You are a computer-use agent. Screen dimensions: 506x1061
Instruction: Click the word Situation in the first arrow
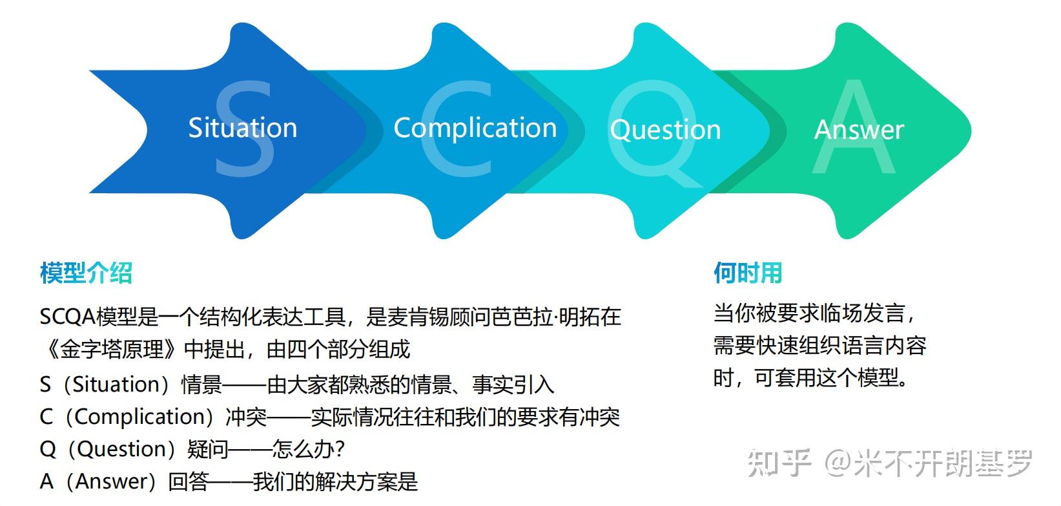pos(242,128)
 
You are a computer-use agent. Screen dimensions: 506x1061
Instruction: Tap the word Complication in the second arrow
pos(475,128)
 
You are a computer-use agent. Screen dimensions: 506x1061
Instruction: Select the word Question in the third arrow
pos(665,130)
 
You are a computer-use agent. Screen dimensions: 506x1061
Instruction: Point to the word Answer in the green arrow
pos(859,130)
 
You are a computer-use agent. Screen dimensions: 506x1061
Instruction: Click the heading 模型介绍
pos(86,273)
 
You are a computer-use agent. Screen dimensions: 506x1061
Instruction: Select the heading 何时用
pos(747,273)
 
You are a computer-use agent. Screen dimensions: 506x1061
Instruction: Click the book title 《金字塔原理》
pos(111,350)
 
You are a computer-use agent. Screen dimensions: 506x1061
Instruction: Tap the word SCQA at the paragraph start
pos(67,317)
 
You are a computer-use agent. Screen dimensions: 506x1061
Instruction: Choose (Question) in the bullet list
pos(127,449)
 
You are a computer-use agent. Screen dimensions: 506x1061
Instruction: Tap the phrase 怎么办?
pos(309,449)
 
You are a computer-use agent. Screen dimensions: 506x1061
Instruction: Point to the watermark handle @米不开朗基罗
pos(929,463)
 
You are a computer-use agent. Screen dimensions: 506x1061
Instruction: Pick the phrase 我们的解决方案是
pos(335,481)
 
